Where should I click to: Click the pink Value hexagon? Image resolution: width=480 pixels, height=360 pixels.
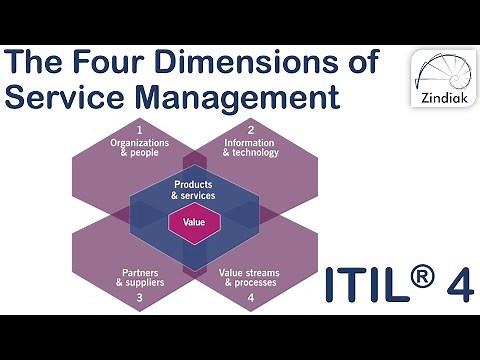(194, 222)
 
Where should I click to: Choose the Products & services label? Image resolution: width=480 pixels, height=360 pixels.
(194, 191)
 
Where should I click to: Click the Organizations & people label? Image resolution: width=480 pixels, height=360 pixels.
(140, 148)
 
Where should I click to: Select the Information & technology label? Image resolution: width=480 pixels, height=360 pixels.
(252, 148)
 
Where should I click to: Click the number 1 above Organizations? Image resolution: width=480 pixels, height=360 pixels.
(140, 130)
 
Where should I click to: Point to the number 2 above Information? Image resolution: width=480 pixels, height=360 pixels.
(251, 130)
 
